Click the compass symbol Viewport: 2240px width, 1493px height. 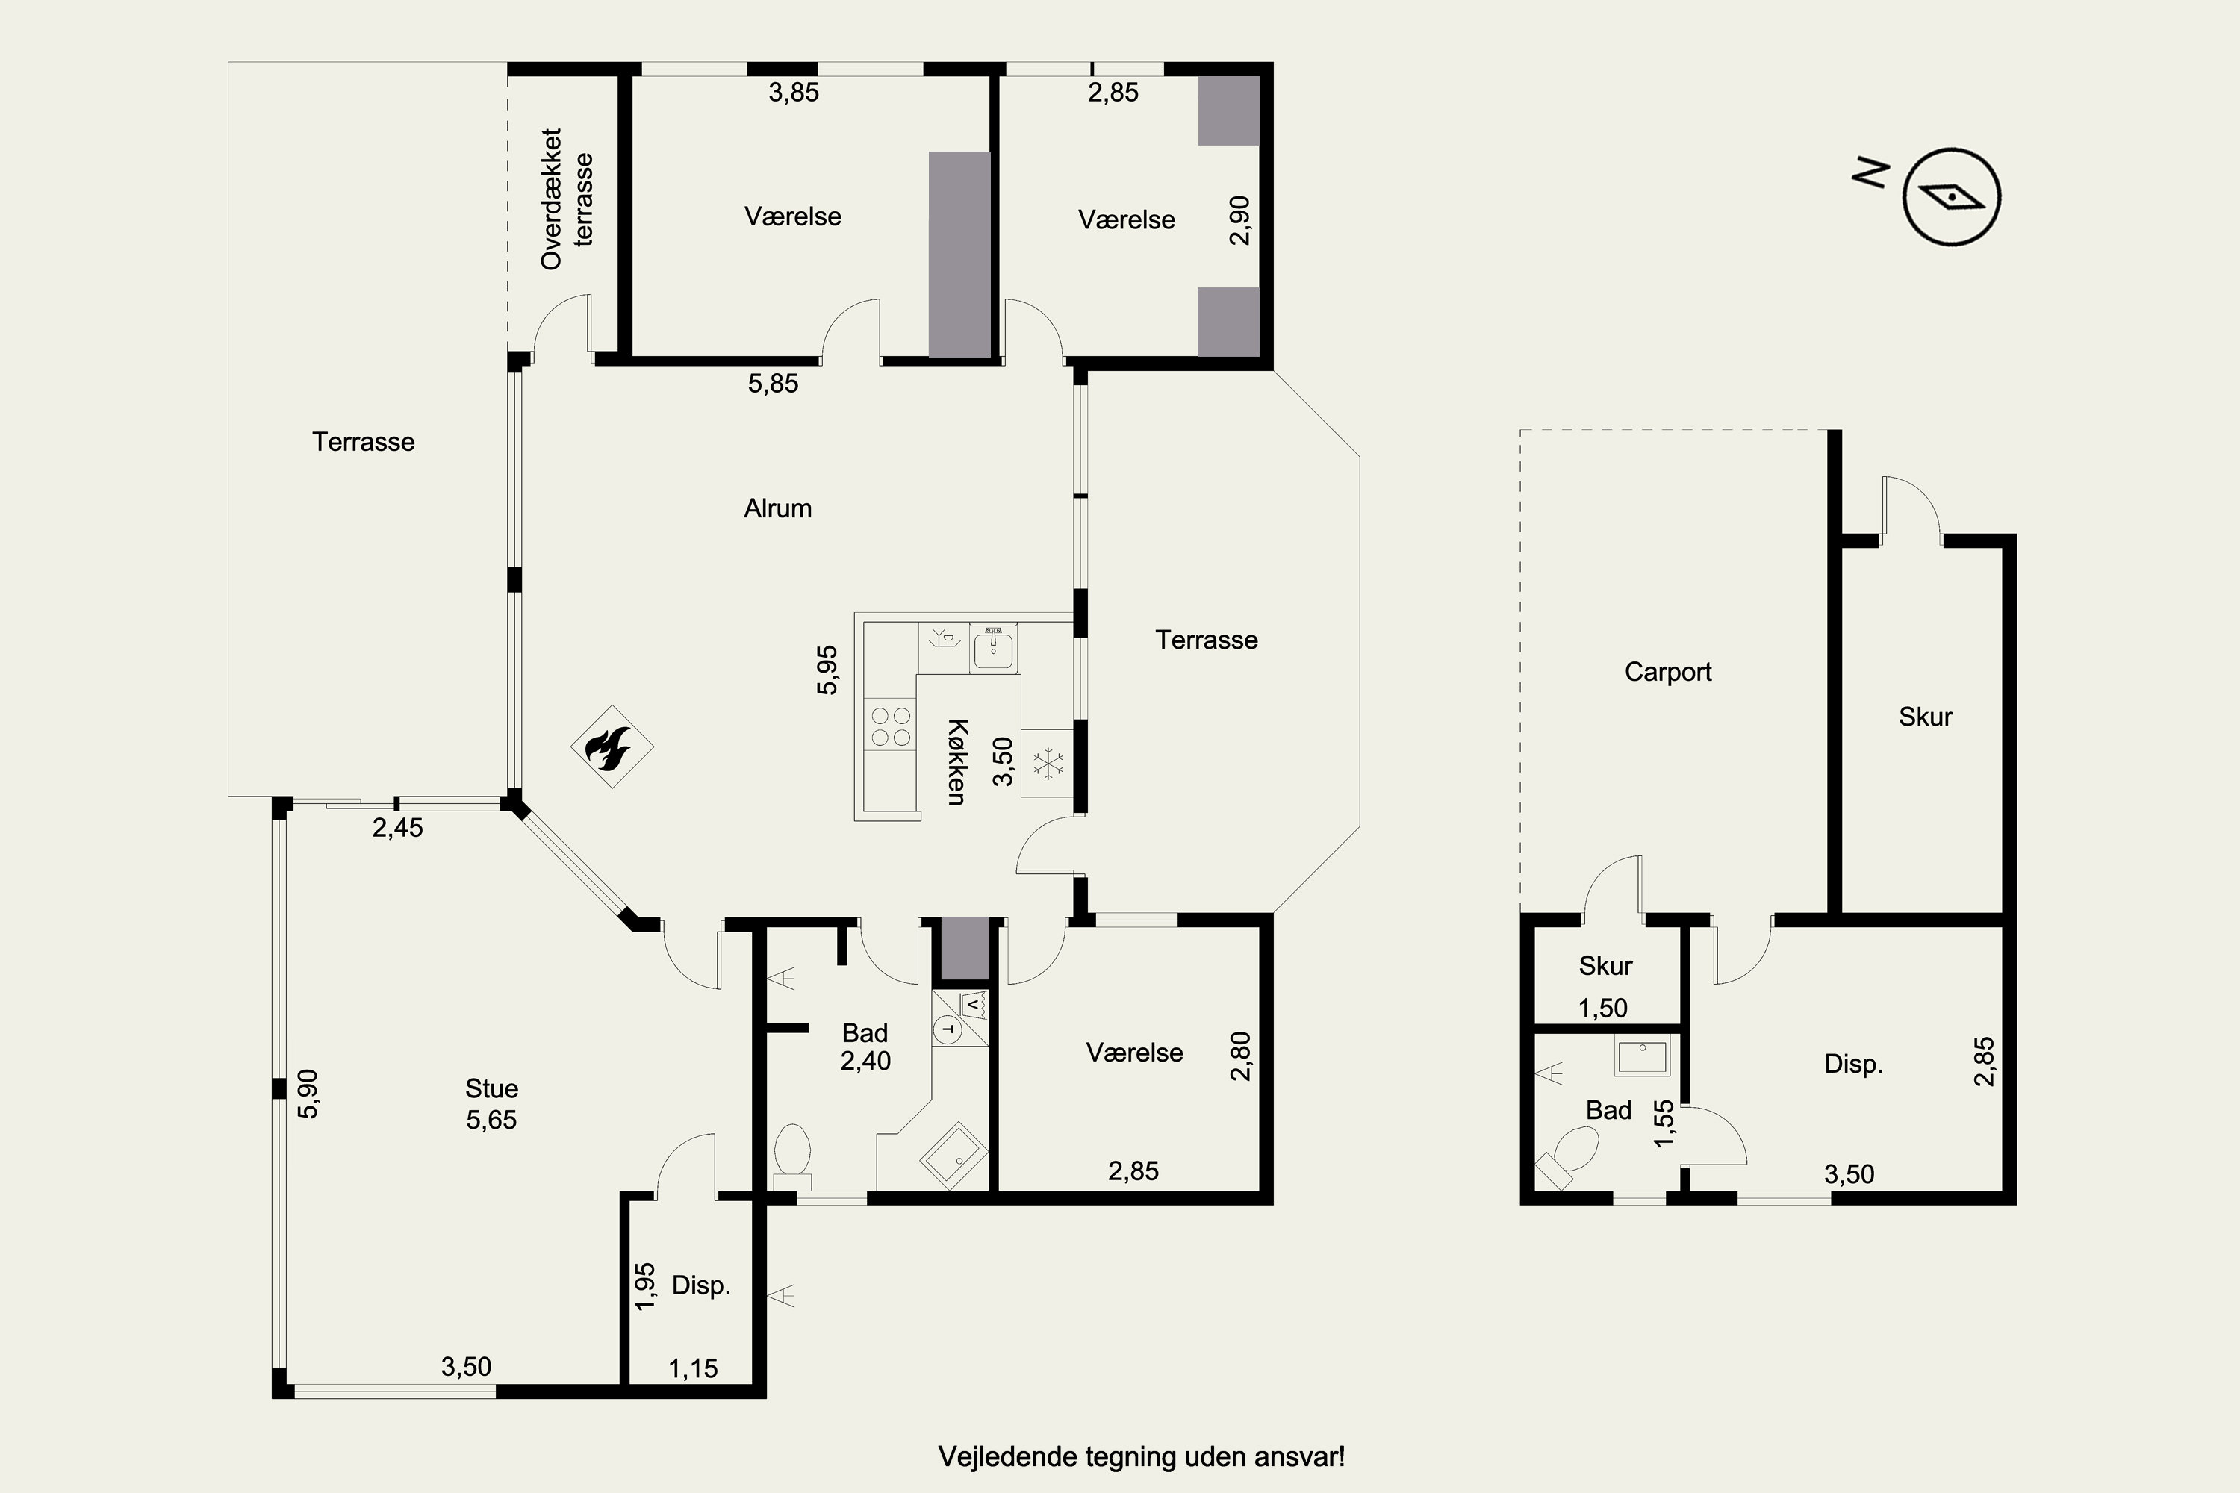(x=1952, y=197)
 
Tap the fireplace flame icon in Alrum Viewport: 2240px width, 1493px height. (x=612, y=746)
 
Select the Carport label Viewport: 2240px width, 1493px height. (x=1667, y=673)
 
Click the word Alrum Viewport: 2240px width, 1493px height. (x=777, y=508)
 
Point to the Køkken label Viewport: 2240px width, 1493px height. (x=957, y=761)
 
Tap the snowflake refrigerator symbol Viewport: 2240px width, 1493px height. (x=1048, y=764)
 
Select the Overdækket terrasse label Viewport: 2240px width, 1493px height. (x=567, y=199)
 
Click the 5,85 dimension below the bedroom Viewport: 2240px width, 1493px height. (x=772, y=384)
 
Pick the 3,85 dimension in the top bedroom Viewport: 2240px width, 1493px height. (x=793, y=93)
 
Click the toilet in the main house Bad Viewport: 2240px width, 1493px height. (x=791, y=1156)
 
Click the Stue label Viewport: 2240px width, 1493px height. (x=491, y=1088)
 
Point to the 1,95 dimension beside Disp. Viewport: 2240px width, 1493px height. (x=645, y=1285)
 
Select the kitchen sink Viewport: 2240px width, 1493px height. (x=993, y=649)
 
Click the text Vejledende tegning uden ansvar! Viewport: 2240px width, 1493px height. (x=1141, y=1457)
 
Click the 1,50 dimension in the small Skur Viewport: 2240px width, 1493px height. (x=1603, y=1009)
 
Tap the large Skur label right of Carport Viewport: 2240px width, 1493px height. (x=1925, y=717)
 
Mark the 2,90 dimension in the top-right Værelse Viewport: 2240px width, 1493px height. (x=1239, y=220)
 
